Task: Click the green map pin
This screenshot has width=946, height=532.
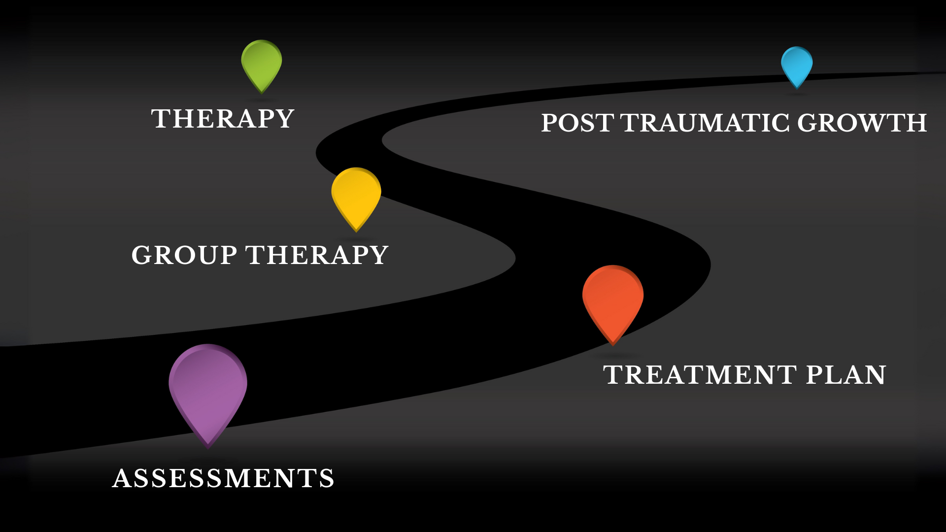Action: pos(262,63)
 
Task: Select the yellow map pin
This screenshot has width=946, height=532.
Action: pos(356,194)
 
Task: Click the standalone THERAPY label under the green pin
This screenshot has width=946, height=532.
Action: pos(223,119)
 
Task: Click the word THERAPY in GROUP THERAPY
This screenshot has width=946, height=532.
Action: pos(317,255)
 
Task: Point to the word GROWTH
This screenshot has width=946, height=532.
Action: pos(862,123)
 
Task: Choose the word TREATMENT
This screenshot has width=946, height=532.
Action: pos(700,375)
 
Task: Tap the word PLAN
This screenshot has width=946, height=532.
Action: pos(846,375)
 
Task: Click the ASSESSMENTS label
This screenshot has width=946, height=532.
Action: pos(223,478)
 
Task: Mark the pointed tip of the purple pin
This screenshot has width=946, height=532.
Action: pos(208,447)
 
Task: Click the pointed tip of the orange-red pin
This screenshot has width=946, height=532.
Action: pos(613,344)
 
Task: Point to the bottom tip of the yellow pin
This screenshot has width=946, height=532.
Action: pos(356,231)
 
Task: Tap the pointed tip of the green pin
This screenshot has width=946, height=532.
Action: pos(262,93)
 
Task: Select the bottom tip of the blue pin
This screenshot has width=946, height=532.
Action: pos(797,88)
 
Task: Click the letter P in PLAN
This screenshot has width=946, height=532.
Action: pos(815,375)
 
